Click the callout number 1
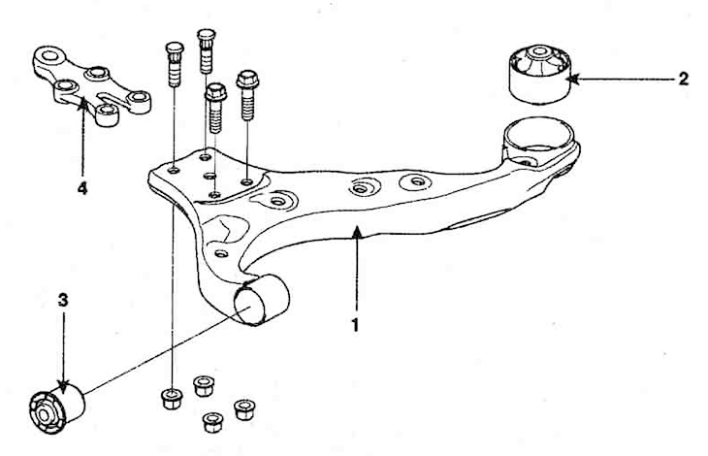355,325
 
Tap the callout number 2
683,79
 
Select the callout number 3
63,300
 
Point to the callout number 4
81,188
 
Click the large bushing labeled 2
539,74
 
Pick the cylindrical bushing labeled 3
57,407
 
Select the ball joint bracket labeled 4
92,85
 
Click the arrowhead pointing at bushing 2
572,80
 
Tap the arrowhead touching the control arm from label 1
357,230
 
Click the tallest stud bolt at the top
206,51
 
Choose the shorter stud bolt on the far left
175,64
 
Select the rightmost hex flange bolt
247,96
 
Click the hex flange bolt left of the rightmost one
215,109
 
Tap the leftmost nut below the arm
172,399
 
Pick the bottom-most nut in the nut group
212,422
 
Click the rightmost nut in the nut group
244,409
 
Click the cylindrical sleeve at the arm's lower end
262,300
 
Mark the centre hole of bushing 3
44,415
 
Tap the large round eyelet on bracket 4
48,57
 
